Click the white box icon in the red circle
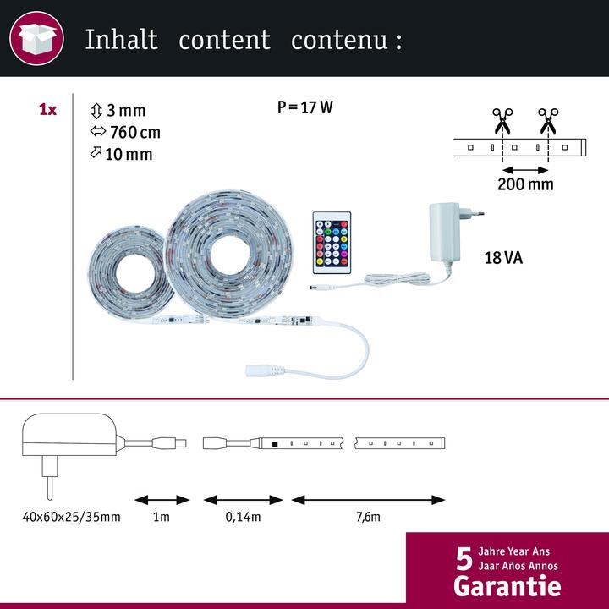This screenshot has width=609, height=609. pos(37,38)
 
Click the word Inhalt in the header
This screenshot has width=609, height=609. pos(121,40)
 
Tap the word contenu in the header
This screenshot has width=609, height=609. pos(339,41)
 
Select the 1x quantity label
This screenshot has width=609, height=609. pos(47,110)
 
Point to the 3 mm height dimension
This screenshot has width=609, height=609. pos(118,111)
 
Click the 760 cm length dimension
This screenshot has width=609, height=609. pos(125,133)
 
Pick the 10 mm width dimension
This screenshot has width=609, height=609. pos(121,154)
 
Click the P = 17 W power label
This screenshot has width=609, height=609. pos(304,107)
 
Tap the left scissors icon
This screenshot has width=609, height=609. pos(502,121)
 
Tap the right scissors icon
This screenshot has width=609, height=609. pos(548,121)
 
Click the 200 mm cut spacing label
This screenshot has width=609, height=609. pos(525,184)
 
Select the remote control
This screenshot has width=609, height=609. pos(332,243)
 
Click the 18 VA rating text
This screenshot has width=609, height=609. pos(503,258)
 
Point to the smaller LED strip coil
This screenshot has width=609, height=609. pos(130,272)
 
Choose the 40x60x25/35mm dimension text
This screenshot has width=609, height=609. pos(71,517)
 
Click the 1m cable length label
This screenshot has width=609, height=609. pos(162,517)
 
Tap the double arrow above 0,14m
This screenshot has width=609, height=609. pos(243,500)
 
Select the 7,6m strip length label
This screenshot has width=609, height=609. pos(368,517)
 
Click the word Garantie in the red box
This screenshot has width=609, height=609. pos(507,585)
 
